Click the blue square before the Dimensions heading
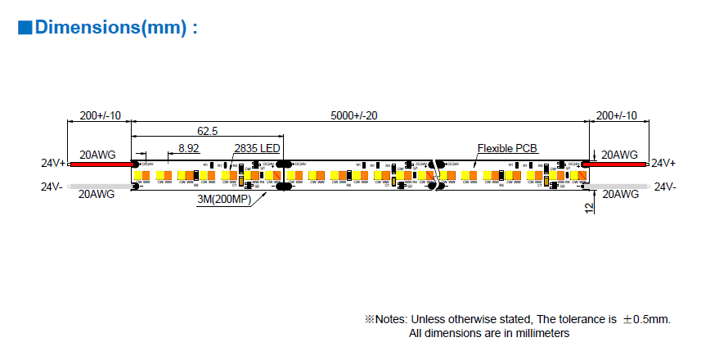(25, 28)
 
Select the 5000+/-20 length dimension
(354, 116)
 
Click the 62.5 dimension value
(207, 131)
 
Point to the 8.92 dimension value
(188, 149)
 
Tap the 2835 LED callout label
(257, 148)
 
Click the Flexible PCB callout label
(507, 148)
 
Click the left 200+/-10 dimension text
(98, 116)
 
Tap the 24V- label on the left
(52, 187)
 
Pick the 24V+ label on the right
(663, 164)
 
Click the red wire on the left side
(98, 164)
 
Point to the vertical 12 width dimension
(588, 208)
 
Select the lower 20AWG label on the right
(619, 195)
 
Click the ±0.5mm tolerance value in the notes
(645, 319)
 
